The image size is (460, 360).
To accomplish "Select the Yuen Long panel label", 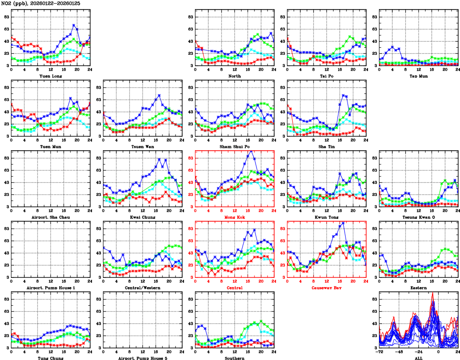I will [x=50, y=76].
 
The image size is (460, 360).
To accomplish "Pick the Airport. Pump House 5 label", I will [x=142, y=358].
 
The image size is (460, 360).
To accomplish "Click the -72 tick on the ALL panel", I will [x=379, y=353].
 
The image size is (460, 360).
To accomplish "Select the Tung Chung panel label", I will [x=50, y=358].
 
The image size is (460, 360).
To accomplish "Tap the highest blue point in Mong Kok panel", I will [x=250, y=152].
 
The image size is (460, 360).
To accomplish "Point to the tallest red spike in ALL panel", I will [x=433, y=293].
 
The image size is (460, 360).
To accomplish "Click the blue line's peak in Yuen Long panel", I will [x=74, y=25].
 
